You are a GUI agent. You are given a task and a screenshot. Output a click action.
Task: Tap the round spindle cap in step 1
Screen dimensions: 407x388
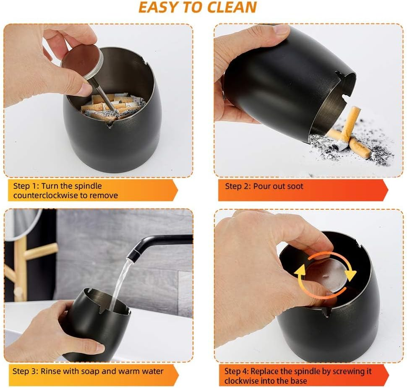pyautogui.click(x=82, y=62)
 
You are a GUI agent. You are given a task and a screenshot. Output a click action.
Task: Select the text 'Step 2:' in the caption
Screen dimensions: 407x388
pyautogui.click(x=238, y=186)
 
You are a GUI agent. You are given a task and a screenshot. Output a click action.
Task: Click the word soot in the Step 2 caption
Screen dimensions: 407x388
pyautogui.click(x=295, y=186)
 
